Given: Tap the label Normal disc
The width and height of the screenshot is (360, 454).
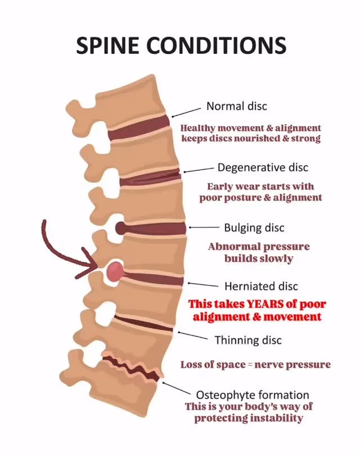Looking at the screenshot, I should click(236, 106).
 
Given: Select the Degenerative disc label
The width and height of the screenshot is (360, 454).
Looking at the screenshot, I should click(263, 167).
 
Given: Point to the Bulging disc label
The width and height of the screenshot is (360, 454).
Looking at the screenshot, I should click(254, 228).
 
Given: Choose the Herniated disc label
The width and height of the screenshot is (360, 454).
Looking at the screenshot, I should click(261, 287).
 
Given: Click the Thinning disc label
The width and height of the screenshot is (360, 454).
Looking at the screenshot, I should click(248, 340).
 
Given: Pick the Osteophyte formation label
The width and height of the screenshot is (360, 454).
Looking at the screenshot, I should click(253, 395).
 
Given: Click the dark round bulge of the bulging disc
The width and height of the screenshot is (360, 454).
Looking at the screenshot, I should click(121, 228).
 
